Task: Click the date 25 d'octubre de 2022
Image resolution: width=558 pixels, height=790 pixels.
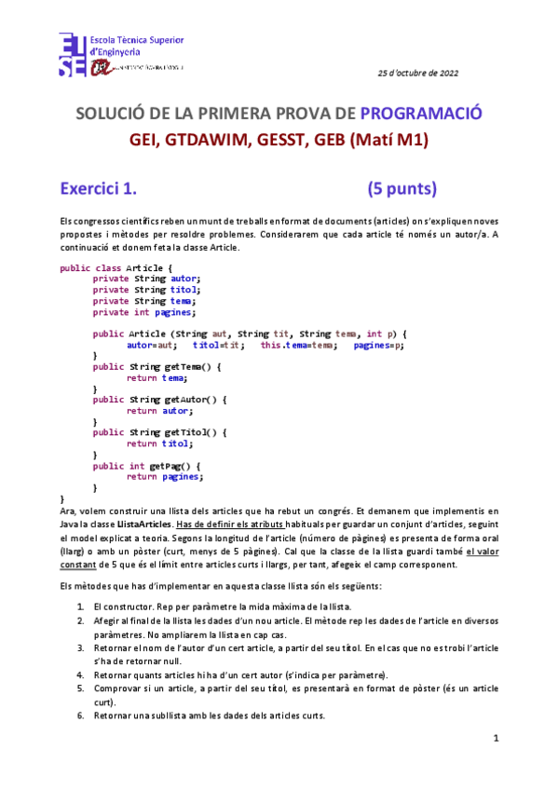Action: [x=417, y=73]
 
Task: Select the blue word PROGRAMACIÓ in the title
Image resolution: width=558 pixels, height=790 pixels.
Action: [x=420, y=113]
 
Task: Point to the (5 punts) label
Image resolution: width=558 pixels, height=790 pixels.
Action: [x=401, y=189]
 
